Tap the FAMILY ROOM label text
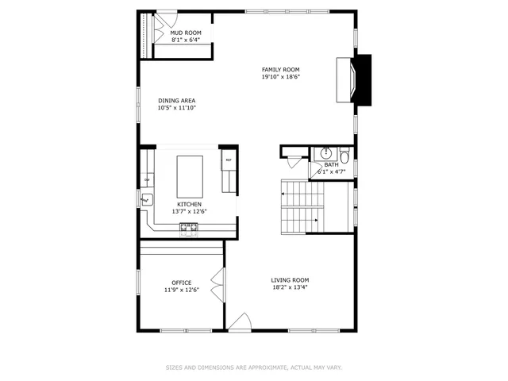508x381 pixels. pos(280,70)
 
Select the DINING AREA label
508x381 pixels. pos(176,101)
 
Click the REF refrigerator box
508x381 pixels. pos(229,161)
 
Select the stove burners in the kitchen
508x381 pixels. pos(189,229)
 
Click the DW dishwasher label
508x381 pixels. pos(147,180)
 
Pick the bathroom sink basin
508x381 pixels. pos(326,154)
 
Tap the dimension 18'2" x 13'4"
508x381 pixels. pos(290,288)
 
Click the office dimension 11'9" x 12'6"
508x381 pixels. pos(181,291)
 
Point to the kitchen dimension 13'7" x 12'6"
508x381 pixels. pos(189,212)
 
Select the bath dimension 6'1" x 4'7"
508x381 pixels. pos(331,171)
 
